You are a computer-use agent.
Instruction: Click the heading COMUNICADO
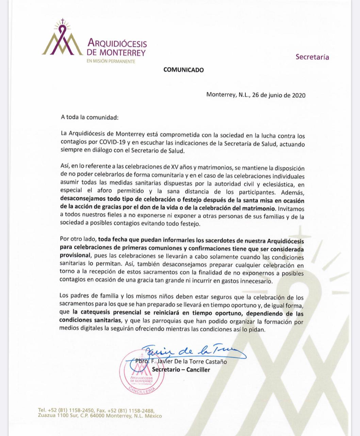183,70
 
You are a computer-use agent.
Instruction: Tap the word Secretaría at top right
312,57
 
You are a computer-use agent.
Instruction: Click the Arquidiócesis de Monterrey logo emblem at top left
62,38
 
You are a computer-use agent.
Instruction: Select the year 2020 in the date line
298,95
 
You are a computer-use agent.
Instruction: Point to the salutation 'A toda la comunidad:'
89,118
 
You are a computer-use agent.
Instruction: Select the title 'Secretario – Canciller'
181,370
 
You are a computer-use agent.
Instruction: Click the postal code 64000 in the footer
96,416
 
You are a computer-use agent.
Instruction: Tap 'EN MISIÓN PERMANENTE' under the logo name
111,61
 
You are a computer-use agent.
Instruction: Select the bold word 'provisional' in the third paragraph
75,255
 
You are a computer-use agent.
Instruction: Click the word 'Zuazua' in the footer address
47,416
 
